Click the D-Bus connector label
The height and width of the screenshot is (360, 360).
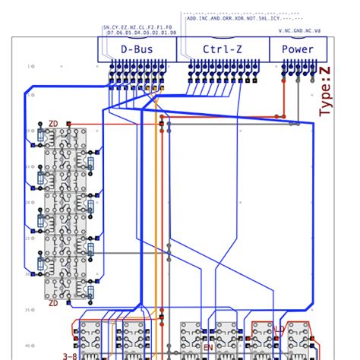[136, 49]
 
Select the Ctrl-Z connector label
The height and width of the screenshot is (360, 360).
[223, 49]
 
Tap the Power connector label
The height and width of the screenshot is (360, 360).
[297, 49]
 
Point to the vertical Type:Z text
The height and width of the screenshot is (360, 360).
[325, 91]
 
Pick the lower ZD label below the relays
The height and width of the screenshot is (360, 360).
[53, 303]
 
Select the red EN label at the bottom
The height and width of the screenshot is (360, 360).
[207, 348]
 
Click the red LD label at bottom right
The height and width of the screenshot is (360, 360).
[279, 330]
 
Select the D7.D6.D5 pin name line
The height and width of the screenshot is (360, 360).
[141, 33]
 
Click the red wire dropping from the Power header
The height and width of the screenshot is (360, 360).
[285, 99]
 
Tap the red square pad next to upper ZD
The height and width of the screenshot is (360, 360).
[68, 122]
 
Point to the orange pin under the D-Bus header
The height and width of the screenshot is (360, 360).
[160, 88]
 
